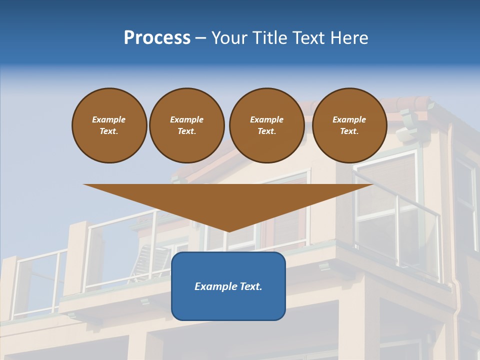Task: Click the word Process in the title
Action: (157, 38)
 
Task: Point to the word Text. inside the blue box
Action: (250, 286)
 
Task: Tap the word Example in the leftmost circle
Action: (109, 119)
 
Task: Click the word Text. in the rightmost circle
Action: (349, 131)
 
